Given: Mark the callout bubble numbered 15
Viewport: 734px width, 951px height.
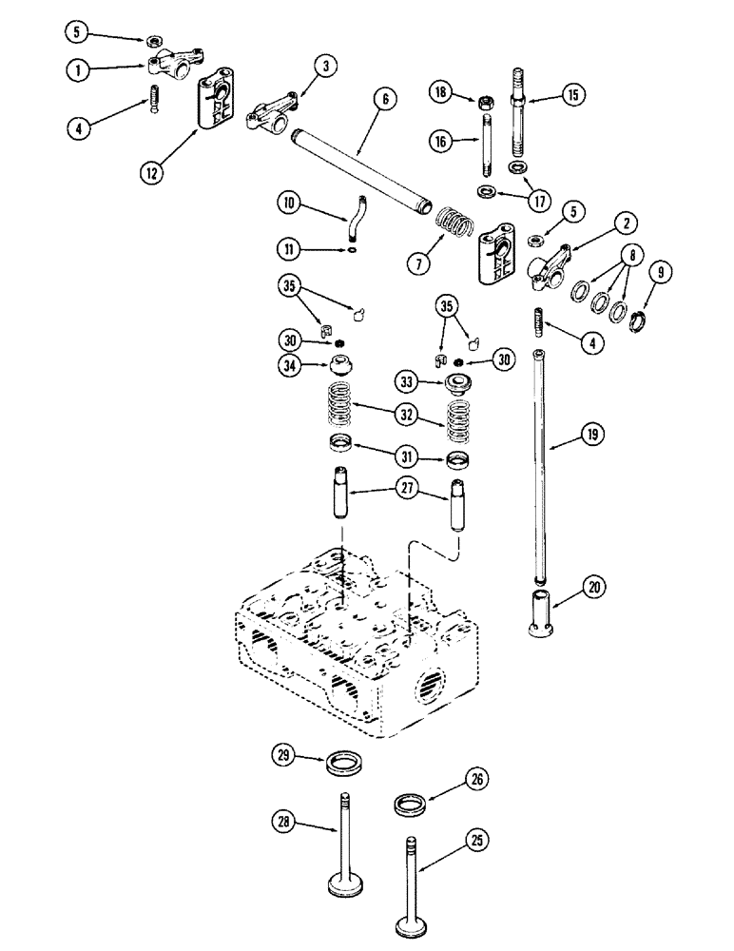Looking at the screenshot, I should click(574, 94).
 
